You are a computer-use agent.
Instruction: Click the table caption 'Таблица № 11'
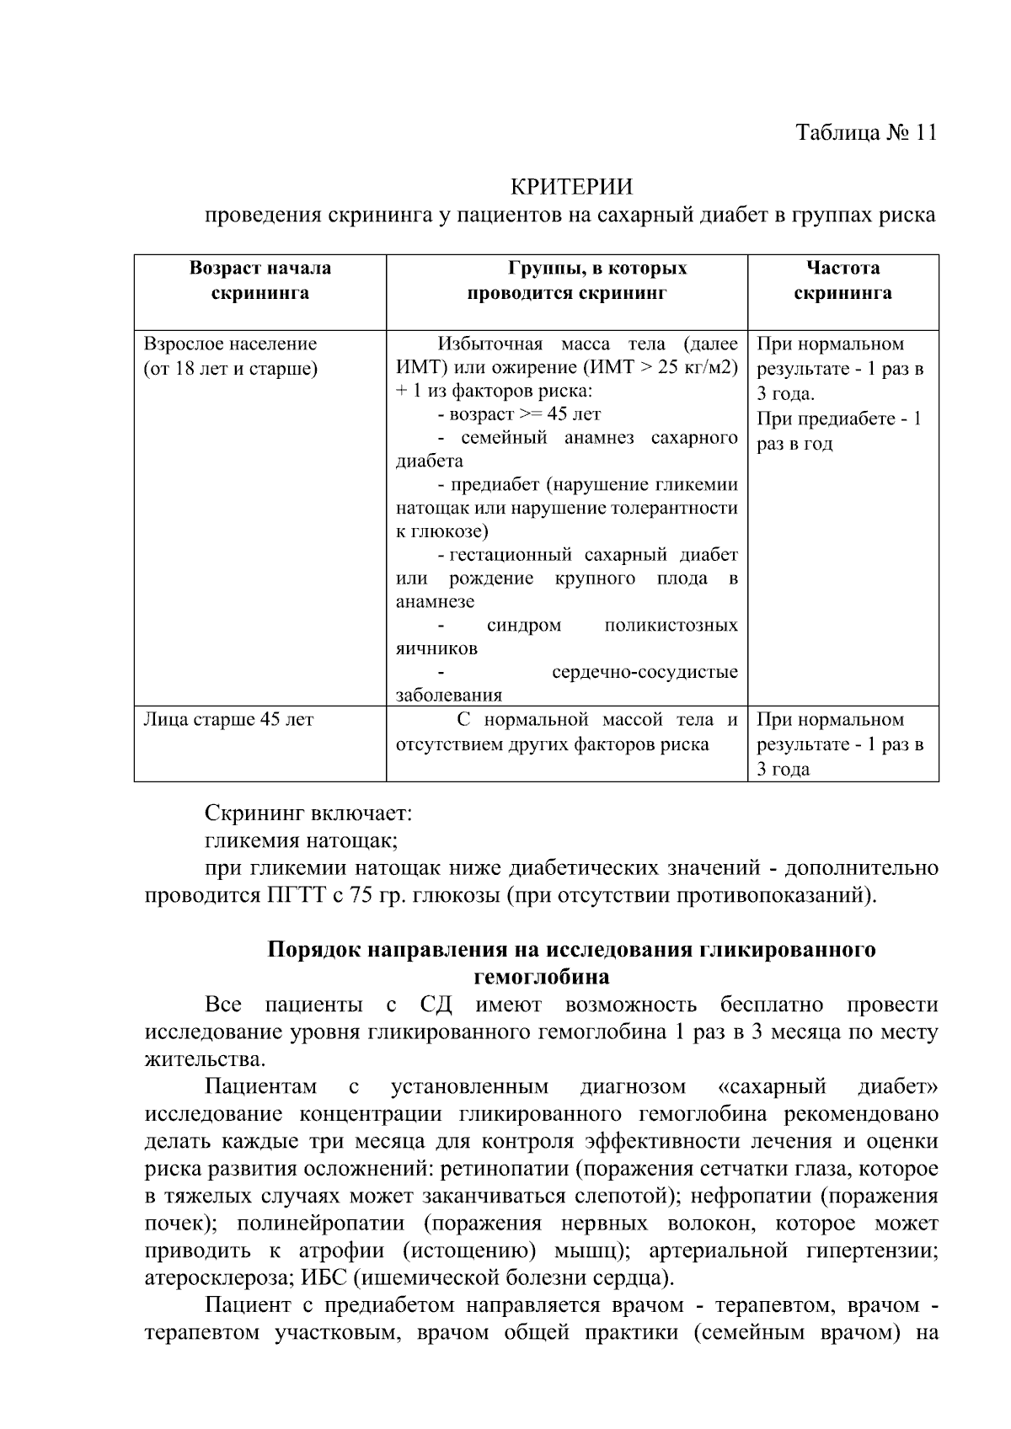(x=865, y=133)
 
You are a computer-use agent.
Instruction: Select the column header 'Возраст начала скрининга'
(x=259, y=280)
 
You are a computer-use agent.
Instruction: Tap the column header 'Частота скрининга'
(x=842, y=280)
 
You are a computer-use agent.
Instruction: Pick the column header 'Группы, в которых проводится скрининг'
(x=566, y=280)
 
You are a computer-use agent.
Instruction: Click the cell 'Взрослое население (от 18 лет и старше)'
(x=231, y=356)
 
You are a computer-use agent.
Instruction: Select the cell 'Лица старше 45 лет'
(x=228, y=720)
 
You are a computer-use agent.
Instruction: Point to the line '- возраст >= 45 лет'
(x=519, y=414)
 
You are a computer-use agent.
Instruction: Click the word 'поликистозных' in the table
(x=671, y=626)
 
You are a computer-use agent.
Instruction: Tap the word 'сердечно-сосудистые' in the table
(x=645, y=672)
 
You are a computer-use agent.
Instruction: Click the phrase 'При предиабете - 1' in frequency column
(x=838, y=419)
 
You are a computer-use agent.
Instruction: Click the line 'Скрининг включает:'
(x=308, y=813)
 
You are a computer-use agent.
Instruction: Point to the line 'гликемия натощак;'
(x=301, y=840)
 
